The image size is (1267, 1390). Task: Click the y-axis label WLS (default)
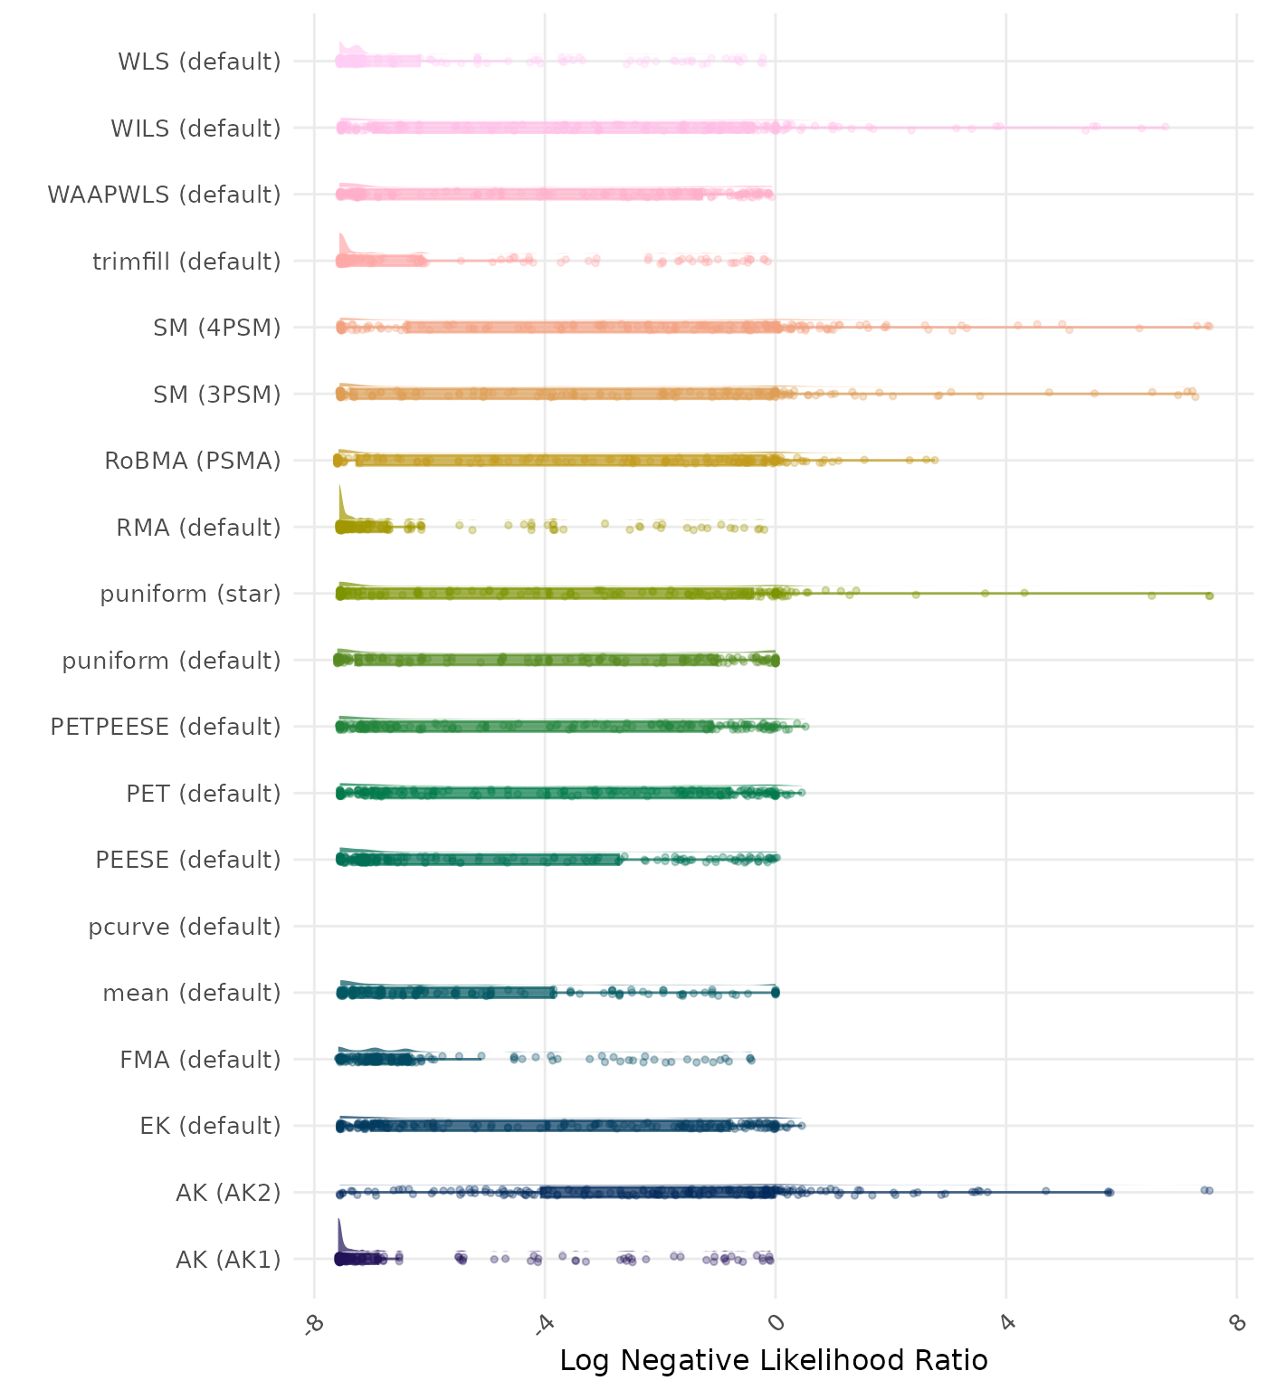pos(199,62)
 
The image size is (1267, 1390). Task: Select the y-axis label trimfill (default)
pos(186,262)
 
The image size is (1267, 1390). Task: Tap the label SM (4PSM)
pos(217,328)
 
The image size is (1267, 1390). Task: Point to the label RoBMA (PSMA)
pos(192,462)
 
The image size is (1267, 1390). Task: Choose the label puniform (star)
pos(190,595)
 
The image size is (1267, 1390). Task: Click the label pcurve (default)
pos(185,928)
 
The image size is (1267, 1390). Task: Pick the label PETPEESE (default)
pos(166,728)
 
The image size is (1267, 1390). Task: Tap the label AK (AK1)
pos(228,1260)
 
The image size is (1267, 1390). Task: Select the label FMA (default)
pos(200,1060)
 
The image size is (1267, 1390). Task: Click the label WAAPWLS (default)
pos(164,195)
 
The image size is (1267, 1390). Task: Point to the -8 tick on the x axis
pos(314,1323)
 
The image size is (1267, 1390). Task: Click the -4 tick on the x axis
pos(544,1323)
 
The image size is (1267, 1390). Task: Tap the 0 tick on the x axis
pos(776,1323)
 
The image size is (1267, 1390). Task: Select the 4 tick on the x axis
pos(1006,1323)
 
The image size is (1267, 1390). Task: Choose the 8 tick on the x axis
pos(1237,1323)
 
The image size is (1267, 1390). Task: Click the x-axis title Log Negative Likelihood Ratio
pos(774,1361)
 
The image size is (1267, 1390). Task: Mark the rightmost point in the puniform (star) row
pos(1209,595)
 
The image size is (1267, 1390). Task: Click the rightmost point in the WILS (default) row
pos(1165,127)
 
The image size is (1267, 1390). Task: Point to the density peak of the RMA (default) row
pos(340,487)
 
